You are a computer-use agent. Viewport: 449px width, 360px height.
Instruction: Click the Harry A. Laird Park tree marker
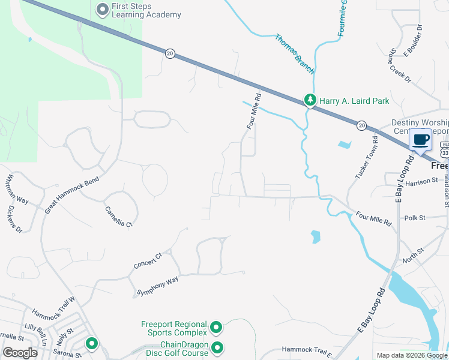pos(310,100)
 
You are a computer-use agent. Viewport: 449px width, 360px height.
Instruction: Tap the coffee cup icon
pos(420,140)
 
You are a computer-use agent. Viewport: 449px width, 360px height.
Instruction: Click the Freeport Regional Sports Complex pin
pos(216,328)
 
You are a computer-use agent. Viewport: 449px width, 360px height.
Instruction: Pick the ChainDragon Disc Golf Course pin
pos(217,347)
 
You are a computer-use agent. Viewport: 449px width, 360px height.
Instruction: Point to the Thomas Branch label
pos(295,54)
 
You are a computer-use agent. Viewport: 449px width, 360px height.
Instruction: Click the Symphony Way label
pos(158,284)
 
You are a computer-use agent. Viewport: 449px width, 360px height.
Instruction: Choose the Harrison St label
pos(421,181)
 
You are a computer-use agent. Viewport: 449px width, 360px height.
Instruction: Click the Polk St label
pos(414,218)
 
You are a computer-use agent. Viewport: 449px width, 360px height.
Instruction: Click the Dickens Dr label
pos(14,220)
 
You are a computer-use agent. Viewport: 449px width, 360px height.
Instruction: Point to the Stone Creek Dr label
pos(400,66)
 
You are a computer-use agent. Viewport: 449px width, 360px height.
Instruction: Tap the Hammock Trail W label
pos(53,307)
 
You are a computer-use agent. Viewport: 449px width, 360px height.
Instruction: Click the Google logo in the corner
pos(20,353)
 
